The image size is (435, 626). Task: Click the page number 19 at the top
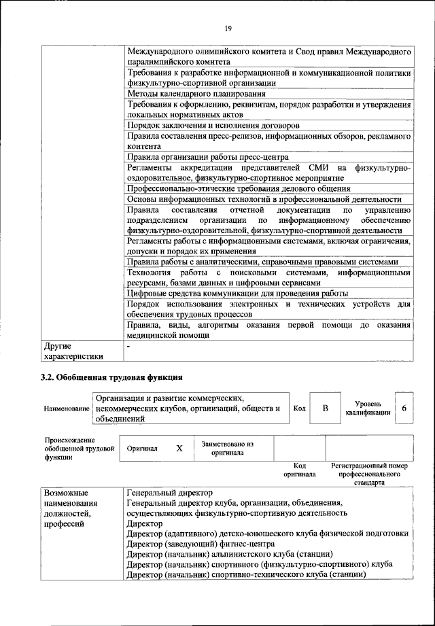click(x=228, y=28)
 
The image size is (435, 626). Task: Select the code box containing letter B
click(x=326, y=408)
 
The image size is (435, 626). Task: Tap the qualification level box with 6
click(x=404, y=408)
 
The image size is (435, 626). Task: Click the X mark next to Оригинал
click(x=179, y=449)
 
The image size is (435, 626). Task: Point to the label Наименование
click(x=67, y=408)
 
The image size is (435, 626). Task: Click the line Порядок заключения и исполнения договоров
click(x=213, y=126)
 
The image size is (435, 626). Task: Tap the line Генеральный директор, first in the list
click(x=169, y=492)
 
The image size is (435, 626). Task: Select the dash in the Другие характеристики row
click(x=128, y=346)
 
